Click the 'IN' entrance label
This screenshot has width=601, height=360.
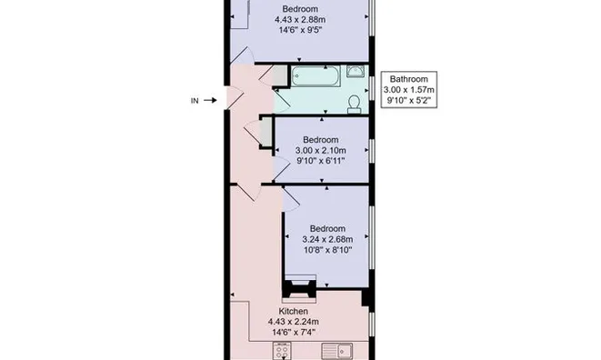click(194, 100)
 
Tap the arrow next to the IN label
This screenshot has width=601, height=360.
click(211, 100)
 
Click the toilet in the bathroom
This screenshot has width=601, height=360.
click(354, 100)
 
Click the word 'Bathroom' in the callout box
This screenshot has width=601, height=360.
click(408, 79)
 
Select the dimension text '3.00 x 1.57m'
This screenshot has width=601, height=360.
click(408, 90)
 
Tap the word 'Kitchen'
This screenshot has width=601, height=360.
click(293, 312)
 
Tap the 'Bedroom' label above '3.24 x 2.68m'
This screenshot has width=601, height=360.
click(326, 228)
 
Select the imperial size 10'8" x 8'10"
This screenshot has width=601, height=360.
click(326, 250)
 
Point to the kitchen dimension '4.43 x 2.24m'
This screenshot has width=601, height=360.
click(293, 322)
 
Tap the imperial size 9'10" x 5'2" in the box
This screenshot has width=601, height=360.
click(408, 101)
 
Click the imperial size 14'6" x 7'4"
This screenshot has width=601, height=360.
click(293, 333)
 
